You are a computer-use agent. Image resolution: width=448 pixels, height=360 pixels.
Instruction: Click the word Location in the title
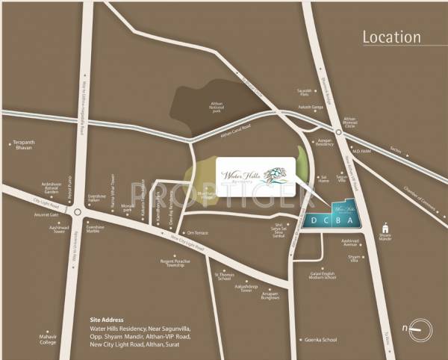pyautogui.click(x=391, y=37)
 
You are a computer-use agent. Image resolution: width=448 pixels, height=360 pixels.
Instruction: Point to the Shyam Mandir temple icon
pyautogui.click(x=385, y=228)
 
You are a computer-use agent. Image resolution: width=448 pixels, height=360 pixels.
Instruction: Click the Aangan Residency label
pyautogui.click(x=324, y=141)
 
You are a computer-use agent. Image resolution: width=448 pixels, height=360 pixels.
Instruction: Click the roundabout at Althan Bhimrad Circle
pyautogui.click(x=338, y=134)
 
